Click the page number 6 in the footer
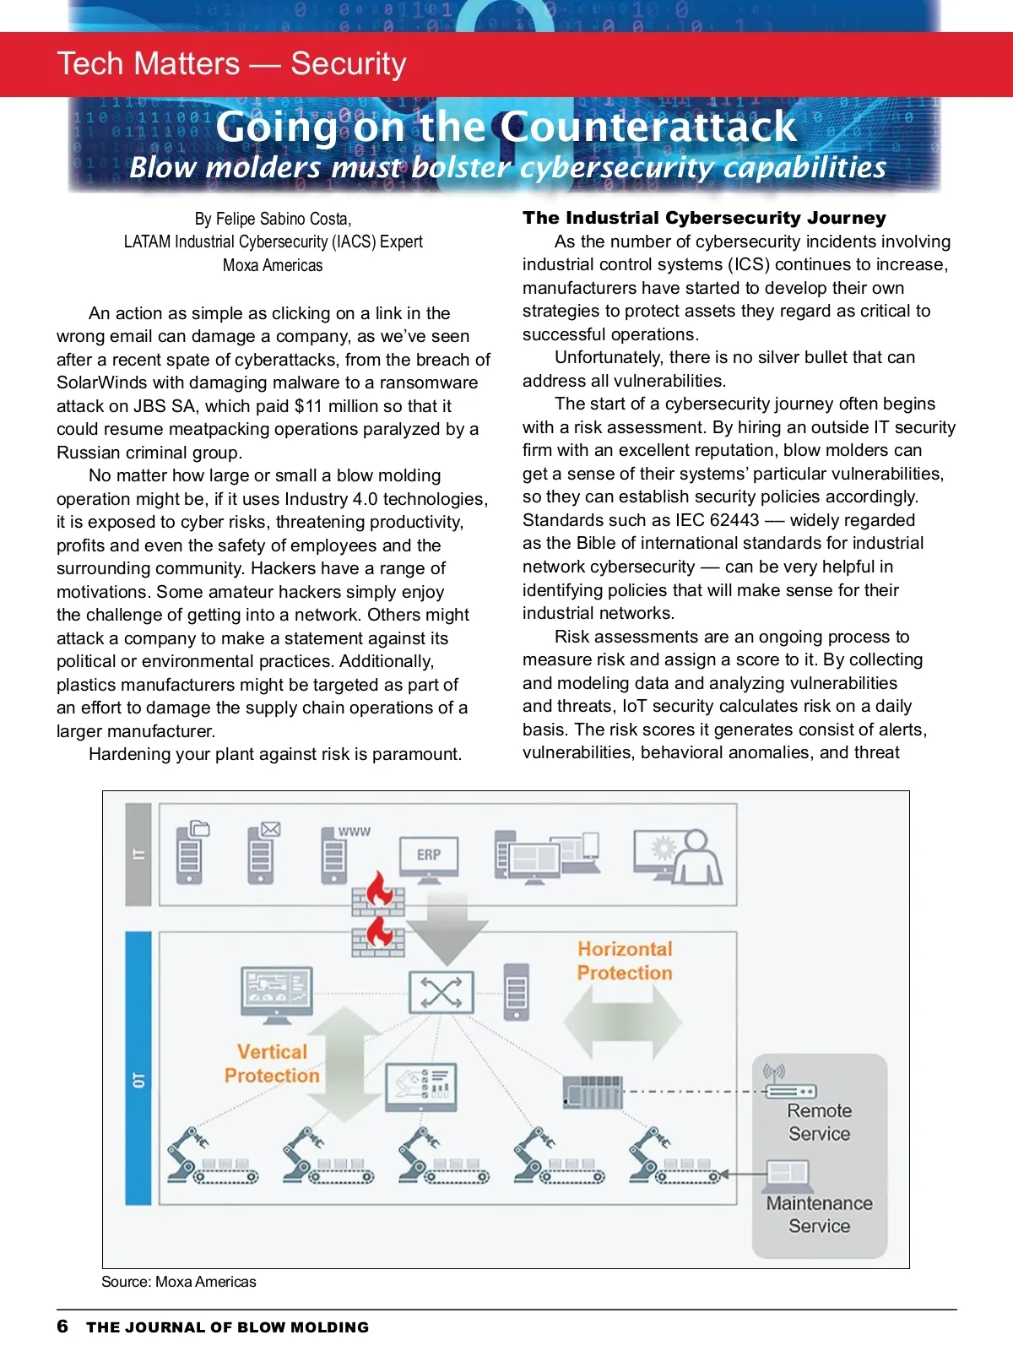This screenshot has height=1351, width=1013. [x=62, y=1327]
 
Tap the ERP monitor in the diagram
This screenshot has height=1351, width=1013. [x=429, y=856]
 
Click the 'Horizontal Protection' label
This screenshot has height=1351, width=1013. [x=625, y=961]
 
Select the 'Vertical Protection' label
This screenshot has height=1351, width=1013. [x=272, y=1064]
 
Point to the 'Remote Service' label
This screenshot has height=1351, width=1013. [x=819, y=1122]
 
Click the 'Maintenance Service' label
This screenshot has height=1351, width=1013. [x=819, y=1214]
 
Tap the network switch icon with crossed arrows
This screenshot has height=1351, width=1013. [x=441, y=992]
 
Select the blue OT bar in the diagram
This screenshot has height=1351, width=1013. [x=138, y=1068]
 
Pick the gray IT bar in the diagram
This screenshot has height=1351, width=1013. [x=138, y=854]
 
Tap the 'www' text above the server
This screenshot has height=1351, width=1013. [x=355, y=832]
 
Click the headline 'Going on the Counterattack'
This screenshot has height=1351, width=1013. [x=506, y=127]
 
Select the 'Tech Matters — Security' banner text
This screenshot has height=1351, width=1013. [x=232, y=64]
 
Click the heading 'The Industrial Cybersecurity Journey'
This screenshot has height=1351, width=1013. [x=704, y=218]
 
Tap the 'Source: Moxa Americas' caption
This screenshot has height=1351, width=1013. [x=179, y=1282]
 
